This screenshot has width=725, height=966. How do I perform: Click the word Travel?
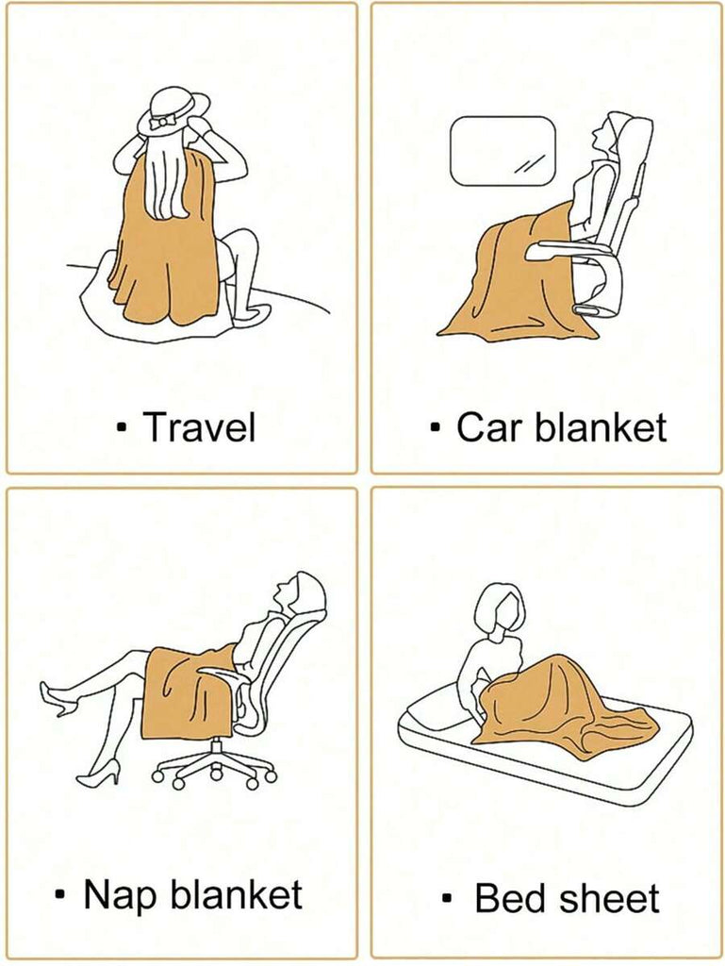point(199,426)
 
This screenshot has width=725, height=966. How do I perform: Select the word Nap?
point(120,895)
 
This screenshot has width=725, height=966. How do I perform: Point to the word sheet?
point(610,898)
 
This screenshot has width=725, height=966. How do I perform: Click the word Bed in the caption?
point(512,898)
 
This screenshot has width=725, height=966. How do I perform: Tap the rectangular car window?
point(503,150)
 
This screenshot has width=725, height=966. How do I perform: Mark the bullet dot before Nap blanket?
point(60,894)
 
